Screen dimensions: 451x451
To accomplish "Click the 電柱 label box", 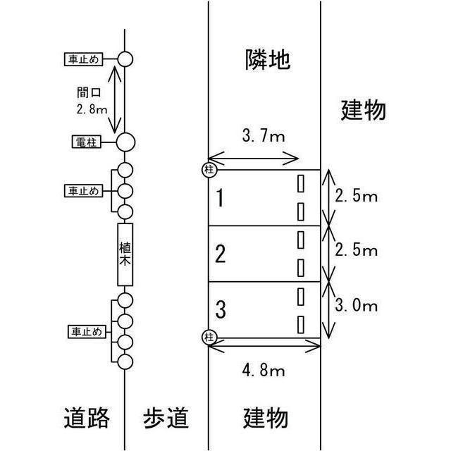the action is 86,142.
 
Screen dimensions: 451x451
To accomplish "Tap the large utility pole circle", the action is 125,142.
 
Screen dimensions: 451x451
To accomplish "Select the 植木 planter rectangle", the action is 125,254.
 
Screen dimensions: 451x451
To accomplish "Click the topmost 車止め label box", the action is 83,59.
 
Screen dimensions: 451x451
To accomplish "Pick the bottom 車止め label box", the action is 87,332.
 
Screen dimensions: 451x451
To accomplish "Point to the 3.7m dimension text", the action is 264,136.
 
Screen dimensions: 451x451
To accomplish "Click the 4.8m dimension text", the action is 264,370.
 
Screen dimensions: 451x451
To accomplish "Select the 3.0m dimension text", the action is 356,305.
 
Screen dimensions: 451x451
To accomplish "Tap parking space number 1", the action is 220,198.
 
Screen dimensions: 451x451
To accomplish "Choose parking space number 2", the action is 221,254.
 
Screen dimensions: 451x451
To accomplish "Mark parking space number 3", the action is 221,309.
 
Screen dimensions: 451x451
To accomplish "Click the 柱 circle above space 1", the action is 209,170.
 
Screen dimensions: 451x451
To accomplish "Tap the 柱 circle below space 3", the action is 209,337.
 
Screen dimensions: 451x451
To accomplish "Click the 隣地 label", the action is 268,59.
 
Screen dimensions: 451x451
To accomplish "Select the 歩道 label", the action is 166,418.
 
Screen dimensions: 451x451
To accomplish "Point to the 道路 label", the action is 87,418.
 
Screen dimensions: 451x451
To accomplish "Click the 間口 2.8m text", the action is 92,101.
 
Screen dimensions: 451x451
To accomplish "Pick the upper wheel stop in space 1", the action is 301,183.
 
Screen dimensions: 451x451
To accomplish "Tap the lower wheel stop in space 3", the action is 301,325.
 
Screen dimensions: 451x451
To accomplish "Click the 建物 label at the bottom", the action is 266,418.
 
